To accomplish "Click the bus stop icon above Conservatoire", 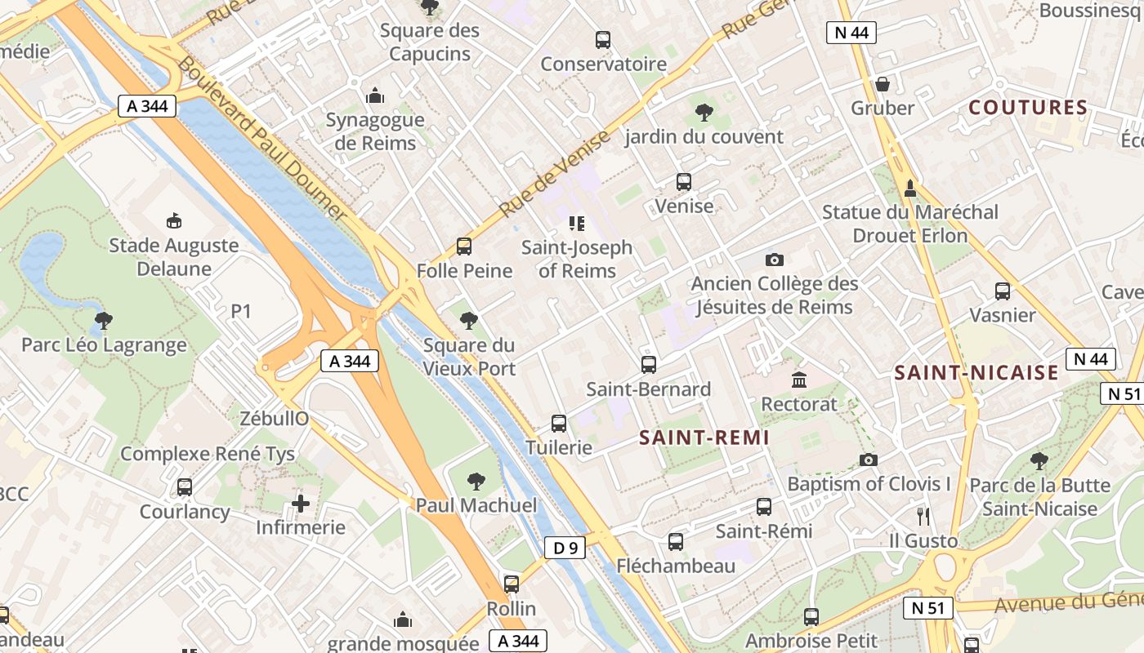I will [603, 39].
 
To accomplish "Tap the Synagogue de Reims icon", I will [375, 96].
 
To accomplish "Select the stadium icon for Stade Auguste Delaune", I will [173, 220].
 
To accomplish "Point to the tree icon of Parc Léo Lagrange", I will [103, 321].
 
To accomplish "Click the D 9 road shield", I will [565, 548].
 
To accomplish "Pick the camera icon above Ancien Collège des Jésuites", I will [774, 260].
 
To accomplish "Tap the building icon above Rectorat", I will [799, 380].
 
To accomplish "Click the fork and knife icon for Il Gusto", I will [923, 516].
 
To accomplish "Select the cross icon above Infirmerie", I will [301, 504].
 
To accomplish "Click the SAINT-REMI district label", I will [704, 438].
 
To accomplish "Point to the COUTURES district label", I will [1028, 108].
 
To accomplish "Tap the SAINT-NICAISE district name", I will [976, 373].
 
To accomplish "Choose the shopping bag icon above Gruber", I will [883, 84].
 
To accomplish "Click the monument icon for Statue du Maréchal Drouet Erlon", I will [910, 189].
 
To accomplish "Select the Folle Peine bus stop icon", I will [464, 247].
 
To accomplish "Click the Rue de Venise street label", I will [554, 174].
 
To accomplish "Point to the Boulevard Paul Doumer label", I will [261, 137].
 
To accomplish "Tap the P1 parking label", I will [241, 311].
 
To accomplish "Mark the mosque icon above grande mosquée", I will [403, 620].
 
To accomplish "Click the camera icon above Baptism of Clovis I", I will [869, 460].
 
